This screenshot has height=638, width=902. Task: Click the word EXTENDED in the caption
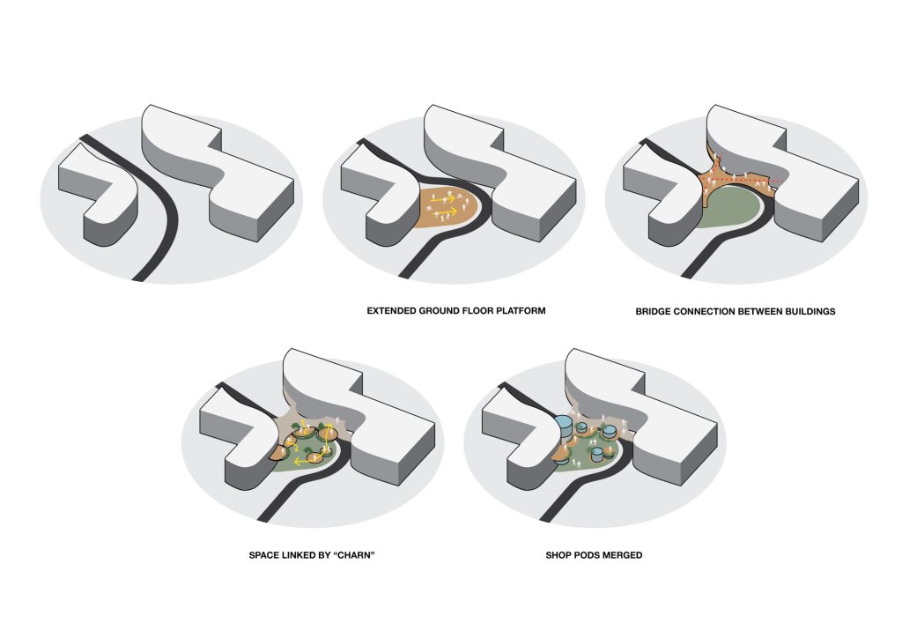pos(392,311)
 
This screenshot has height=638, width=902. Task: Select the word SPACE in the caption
pos(262,555)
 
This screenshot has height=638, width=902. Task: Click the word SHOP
pos(558,555)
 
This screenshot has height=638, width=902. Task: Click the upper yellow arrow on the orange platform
pos(444,199)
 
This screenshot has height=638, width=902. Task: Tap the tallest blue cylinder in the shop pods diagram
pos(565,427)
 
